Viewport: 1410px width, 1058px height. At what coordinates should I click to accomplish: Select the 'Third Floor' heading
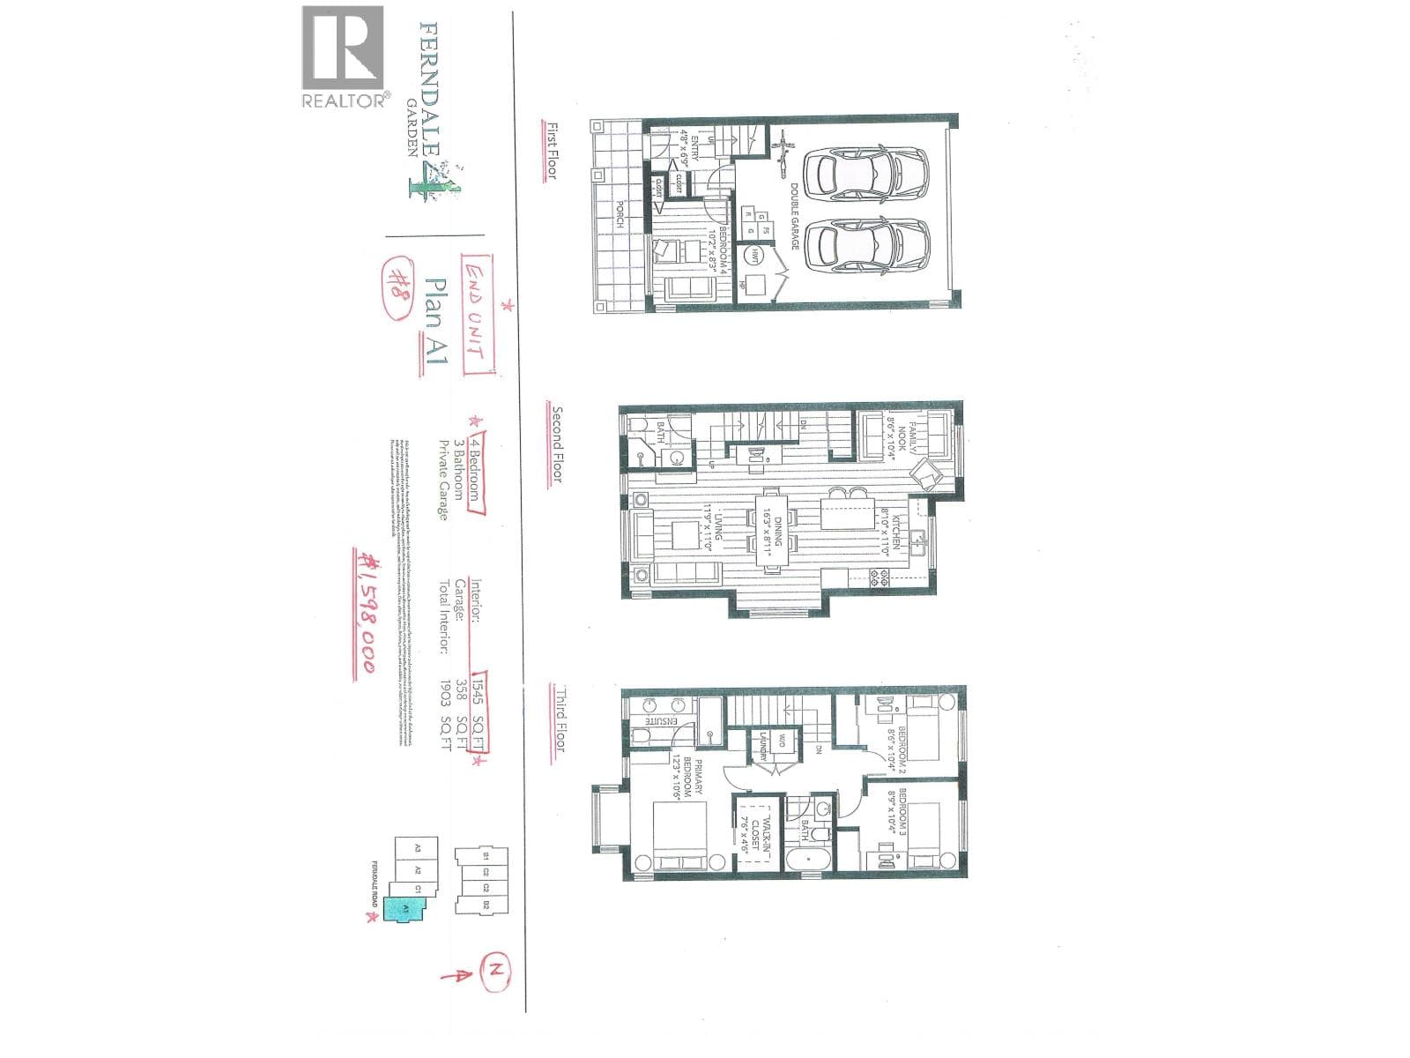point(557,719)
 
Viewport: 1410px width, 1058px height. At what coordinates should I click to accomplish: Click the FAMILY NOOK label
point(908,442)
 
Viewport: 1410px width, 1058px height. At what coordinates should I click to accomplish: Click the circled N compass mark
point(497,971)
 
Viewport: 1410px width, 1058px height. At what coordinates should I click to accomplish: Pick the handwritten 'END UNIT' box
point(476,313)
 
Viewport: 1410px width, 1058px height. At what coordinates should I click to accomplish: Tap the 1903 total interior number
point(445,689)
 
